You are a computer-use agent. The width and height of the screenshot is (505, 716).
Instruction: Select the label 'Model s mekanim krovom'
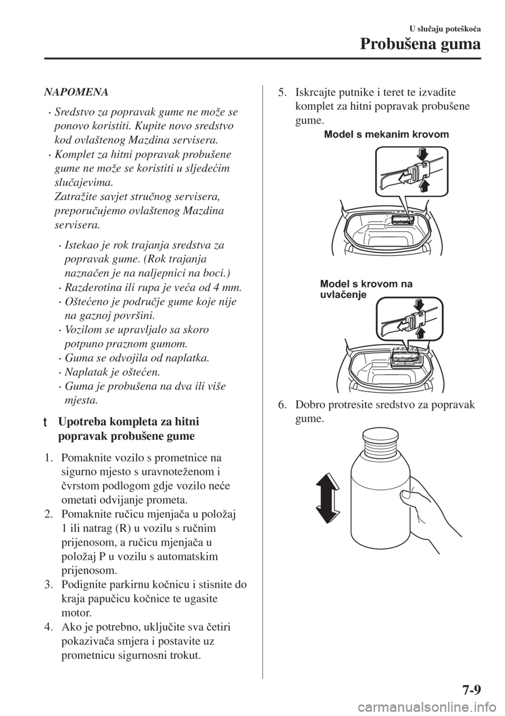pyautogui.click(x=387, y=135)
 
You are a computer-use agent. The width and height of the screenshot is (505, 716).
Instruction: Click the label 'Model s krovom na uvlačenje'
pyautogui.click(x=366, y=290)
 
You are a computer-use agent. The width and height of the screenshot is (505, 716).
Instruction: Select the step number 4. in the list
pyautogui.click(x=49, y=628)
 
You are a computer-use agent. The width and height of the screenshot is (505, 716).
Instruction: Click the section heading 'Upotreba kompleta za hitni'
pyautogui.click(x=129, y=422)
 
